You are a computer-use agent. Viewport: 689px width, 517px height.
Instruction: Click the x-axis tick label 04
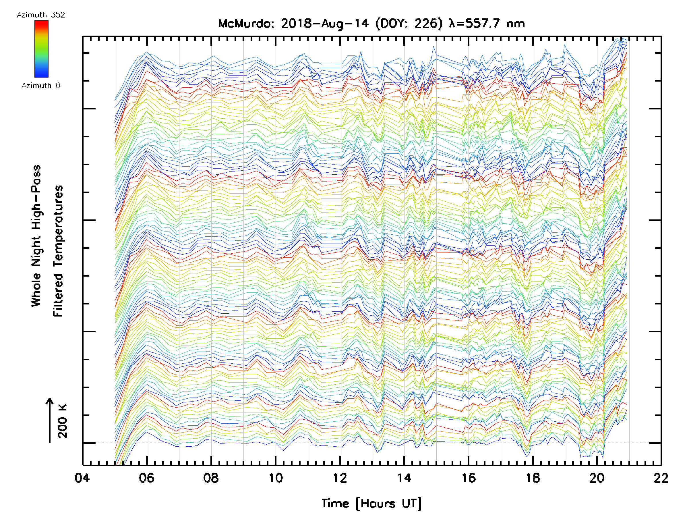tap(82, 478)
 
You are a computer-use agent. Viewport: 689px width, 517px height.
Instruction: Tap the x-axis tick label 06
tap(146, 478)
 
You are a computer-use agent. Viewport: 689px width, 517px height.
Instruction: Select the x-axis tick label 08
tap(211, 478)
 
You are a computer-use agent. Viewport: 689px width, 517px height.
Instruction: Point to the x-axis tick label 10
tap(275, 478)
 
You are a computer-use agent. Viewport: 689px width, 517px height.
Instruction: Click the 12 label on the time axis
tap(340, 478)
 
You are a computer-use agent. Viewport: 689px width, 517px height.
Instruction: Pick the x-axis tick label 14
tap(404, 478)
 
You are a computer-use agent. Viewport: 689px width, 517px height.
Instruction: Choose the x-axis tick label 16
tap(469, 478)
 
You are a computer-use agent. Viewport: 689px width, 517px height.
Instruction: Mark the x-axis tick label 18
tap(533, 478)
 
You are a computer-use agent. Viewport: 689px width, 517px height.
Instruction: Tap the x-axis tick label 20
tap(597, 478)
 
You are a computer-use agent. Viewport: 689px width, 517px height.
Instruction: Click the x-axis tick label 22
tap(661, 478)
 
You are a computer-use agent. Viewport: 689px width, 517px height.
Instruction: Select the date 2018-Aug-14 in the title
tap(325, 24)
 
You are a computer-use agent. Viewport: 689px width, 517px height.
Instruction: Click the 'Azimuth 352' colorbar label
tap(41, 15)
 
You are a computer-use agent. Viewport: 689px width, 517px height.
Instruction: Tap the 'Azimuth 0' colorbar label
tap(41, 85)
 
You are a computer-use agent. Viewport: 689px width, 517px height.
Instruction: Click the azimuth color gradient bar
tap(41, 49)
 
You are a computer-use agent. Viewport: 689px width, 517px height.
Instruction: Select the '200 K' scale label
tap(63, 421)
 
